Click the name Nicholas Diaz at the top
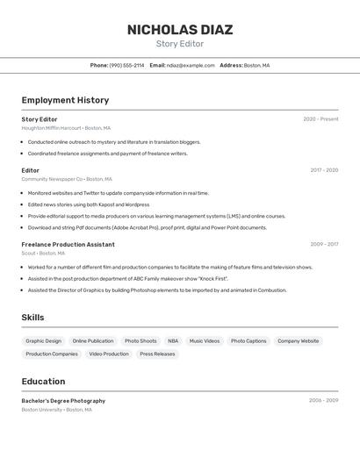(x=180, y=29)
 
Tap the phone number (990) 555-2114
(x=126, y=65)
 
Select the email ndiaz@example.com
(x=191, y=65)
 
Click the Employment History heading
(x=65, y=100)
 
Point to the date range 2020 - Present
(x=320, y=119)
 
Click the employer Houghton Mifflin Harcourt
(x=51, y=128)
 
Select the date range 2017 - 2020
(x=324, y=170)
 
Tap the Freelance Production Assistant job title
(x=68, y=244)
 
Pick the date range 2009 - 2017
(x=324, y=244)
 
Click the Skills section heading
(x=32, y=317)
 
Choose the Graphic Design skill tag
(x=44, y=340)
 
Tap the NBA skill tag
(x=173, y=340)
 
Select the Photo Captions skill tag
(x=248, y=340)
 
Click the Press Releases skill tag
(x=157, y=354)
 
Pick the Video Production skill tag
(x=109, y=354)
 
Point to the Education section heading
(x=43, y=382)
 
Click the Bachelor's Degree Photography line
(x=63, y=400)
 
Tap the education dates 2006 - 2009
(x=323, y=400)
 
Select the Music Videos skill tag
(x=205, y=340)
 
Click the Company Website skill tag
(x=299, y=340)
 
